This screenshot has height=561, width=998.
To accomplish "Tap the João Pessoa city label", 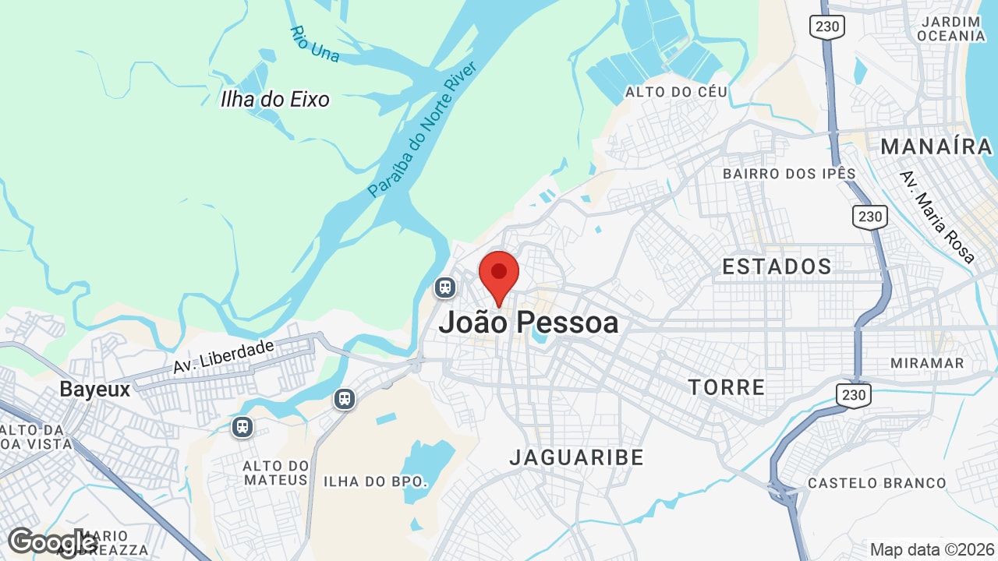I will point(529,323).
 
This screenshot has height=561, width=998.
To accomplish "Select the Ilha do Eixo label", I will point(274,99).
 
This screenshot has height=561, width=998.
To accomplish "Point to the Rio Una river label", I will point(314,44).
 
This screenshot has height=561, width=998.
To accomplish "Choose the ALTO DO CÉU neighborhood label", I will point(676,92).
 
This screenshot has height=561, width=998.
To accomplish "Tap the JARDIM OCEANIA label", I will point(950,29).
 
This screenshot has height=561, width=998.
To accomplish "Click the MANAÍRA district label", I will point(936,146).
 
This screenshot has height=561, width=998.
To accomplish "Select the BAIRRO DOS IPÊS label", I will point(789,174).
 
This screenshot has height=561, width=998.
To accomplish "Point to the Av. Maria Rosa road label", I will point(936,216).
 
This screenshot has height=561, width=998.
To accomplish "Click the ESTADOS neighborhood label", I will point(777,266).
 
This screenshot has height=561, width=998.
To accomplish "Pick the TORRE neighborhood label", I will point(727,387).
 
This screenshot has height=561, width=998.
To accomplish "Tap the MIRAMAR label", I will point(927,363).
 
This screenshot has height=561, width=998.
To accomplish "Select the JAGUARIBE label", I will point(577,457).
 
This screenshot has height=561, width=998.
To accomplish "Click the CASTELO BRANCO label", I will point(876,483).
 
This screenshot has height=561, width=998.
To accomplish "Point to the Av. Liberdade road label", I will point(224,356).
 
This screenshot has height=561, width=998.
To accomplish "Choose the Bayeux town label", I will point(95,390).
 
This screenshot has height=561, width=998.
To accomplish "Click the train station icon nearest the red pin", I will point(445,288).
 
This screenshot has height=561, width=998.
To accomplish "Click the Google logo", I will point(51,542).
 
